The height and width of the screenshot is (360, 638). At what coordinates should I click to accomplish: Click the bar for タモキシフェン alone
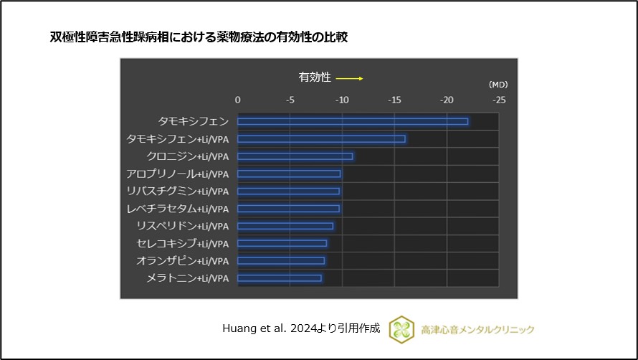point(353,121)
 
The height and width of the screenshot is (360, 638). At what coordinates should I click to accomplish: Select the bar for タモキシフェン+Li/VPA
point(321,138)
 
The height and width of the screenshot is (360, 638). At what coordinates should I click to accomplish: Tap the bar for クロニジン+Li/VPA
point(295,156)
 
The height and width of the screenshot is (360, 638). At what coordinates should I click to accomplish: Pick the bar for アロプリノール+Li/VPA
point(289,174)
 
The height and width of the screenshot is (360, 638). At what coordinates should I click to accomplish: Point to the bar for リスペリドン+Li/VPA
point(285,226)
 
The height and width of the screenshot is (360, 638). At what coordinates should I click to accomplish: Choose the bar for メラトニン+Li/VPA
point(280,278)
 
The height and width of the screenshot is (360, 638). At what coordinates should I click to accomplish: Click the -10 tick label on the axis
point(342,100)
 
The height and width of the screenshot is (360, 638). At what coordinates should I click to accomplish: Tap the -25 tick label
point(498,100)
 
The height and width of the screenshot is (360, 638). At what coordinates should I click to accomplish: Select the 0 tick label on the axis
point(238,100)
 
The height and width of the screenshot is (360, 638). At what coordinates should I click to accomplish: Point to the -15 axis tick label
point(394,100)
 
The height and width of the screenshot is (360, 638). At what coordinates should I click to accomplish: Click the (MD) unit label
point(497,85)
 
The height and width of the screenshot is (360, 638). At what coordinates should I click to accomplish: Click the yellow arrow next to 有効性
point(349,78)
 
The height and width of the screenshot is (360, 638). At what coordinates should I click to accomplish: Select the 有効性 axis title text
point(315,77)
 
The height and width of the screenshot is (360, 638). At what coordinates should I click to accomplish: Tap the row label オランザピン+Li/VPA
point(183,261)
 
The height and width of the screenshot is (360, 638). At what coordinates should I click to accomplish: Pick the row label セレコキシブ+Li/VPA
point(183,244)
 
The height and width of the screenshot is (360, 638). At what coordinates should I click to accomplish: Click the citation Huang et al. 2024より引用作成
point(302,328)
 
